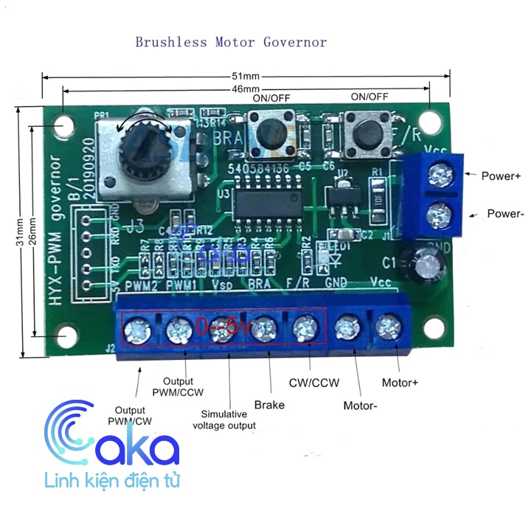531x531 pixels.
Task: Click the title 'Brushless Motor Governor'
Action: tap(231, 41)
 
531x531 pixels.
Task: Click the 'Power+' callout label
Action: tap(501, 176)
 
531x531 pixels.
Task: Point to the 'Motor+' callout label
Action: tap(400, 383)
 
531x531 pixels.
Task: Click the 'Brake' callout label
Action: tap(269, 404)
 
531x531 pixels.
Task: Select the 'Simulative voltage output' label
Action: tap(224, 420)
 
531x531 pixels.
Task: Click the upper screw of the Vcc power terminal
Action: tap(440, 175)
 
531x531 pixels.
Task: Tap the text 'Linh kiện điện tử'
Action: tap(112, 482)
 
